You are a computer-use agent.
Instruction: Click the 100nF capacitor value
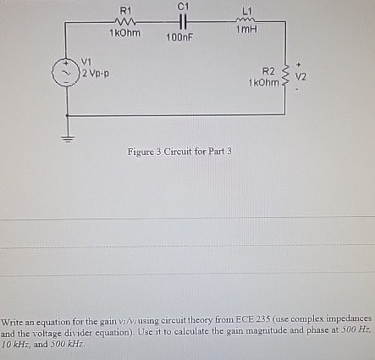click(x=179, y=38)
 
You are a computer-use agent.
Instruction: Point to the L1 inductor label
click(x=246, y=9)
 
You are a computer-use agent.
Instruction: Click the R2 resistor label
click(x=268, y=70)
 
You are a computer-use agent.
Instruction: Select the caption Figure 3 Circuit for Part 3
click(x=179, y=152)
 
